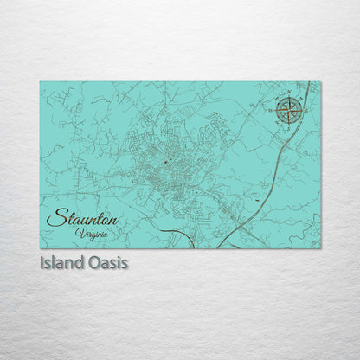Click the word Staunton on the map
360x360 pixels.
82,218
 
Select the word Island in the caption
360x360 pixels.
62,262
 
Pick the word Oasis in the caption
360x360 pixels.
107,262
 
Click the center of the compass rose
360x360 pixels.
290,109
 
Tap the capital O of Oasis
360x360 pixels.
93,262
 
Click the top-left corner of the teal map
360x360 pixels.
41,83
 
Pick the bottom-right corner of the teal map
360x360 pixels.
319,247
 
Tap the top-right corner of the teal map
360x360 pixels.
319,83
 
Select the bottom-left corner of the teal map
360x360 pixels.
41,247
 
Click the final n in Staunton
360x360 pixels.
113,220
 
